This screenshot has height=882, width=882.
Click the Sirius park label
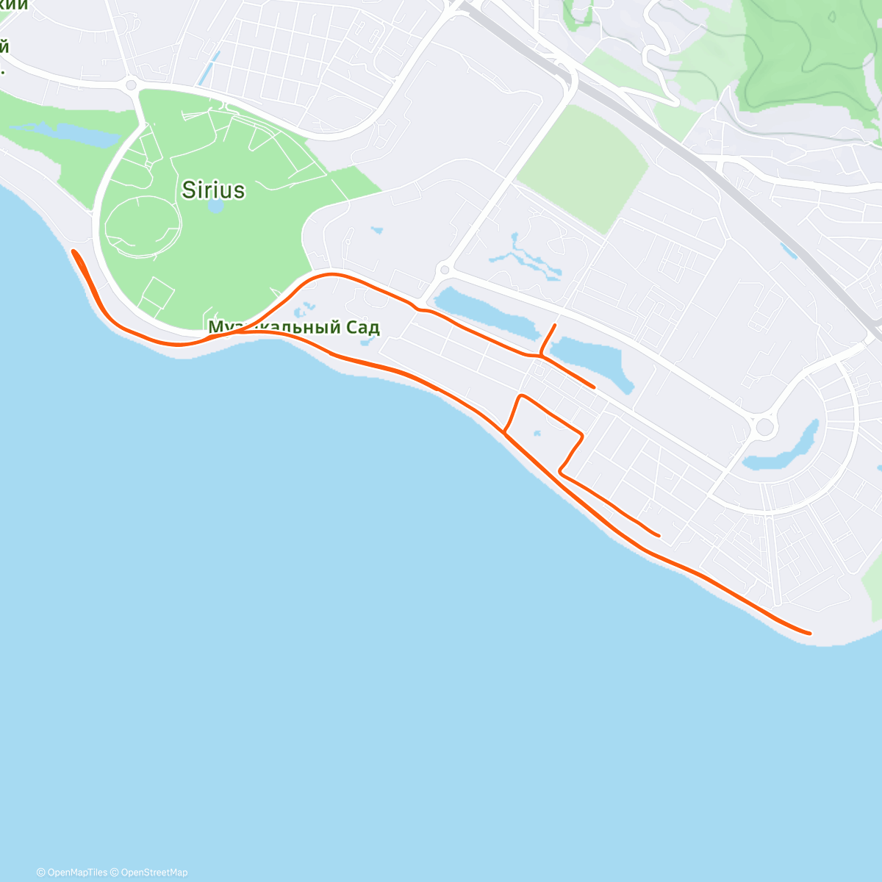(x=213, y=190)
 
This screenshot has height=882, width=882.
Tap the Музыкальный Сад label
(x=294, y=327)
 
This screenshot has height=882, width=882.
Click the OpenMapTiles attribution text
(x=72, y=872)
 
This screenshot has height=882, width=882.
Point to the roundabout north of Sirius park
(x=132, y=85)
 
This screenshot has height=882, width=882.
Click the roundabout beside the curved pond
(x=765, y=426)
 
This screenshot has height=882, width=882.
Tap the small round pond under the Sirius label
(x=215, y=206)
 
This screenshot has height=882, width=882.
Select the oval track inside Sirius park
(x=143, y=226)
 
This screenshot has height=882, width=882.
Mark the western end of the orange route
(x=73, y=252)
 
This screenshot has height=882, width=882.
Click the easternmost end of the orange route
(x=810, y=632)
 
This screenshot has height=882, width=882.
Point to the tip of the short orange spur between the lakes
(x=555, y=324)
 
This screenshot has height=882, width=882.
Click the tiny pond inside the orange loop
(x=537, y=434)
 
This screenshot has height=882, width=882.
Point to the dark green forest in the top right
(x=808, y=51)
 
